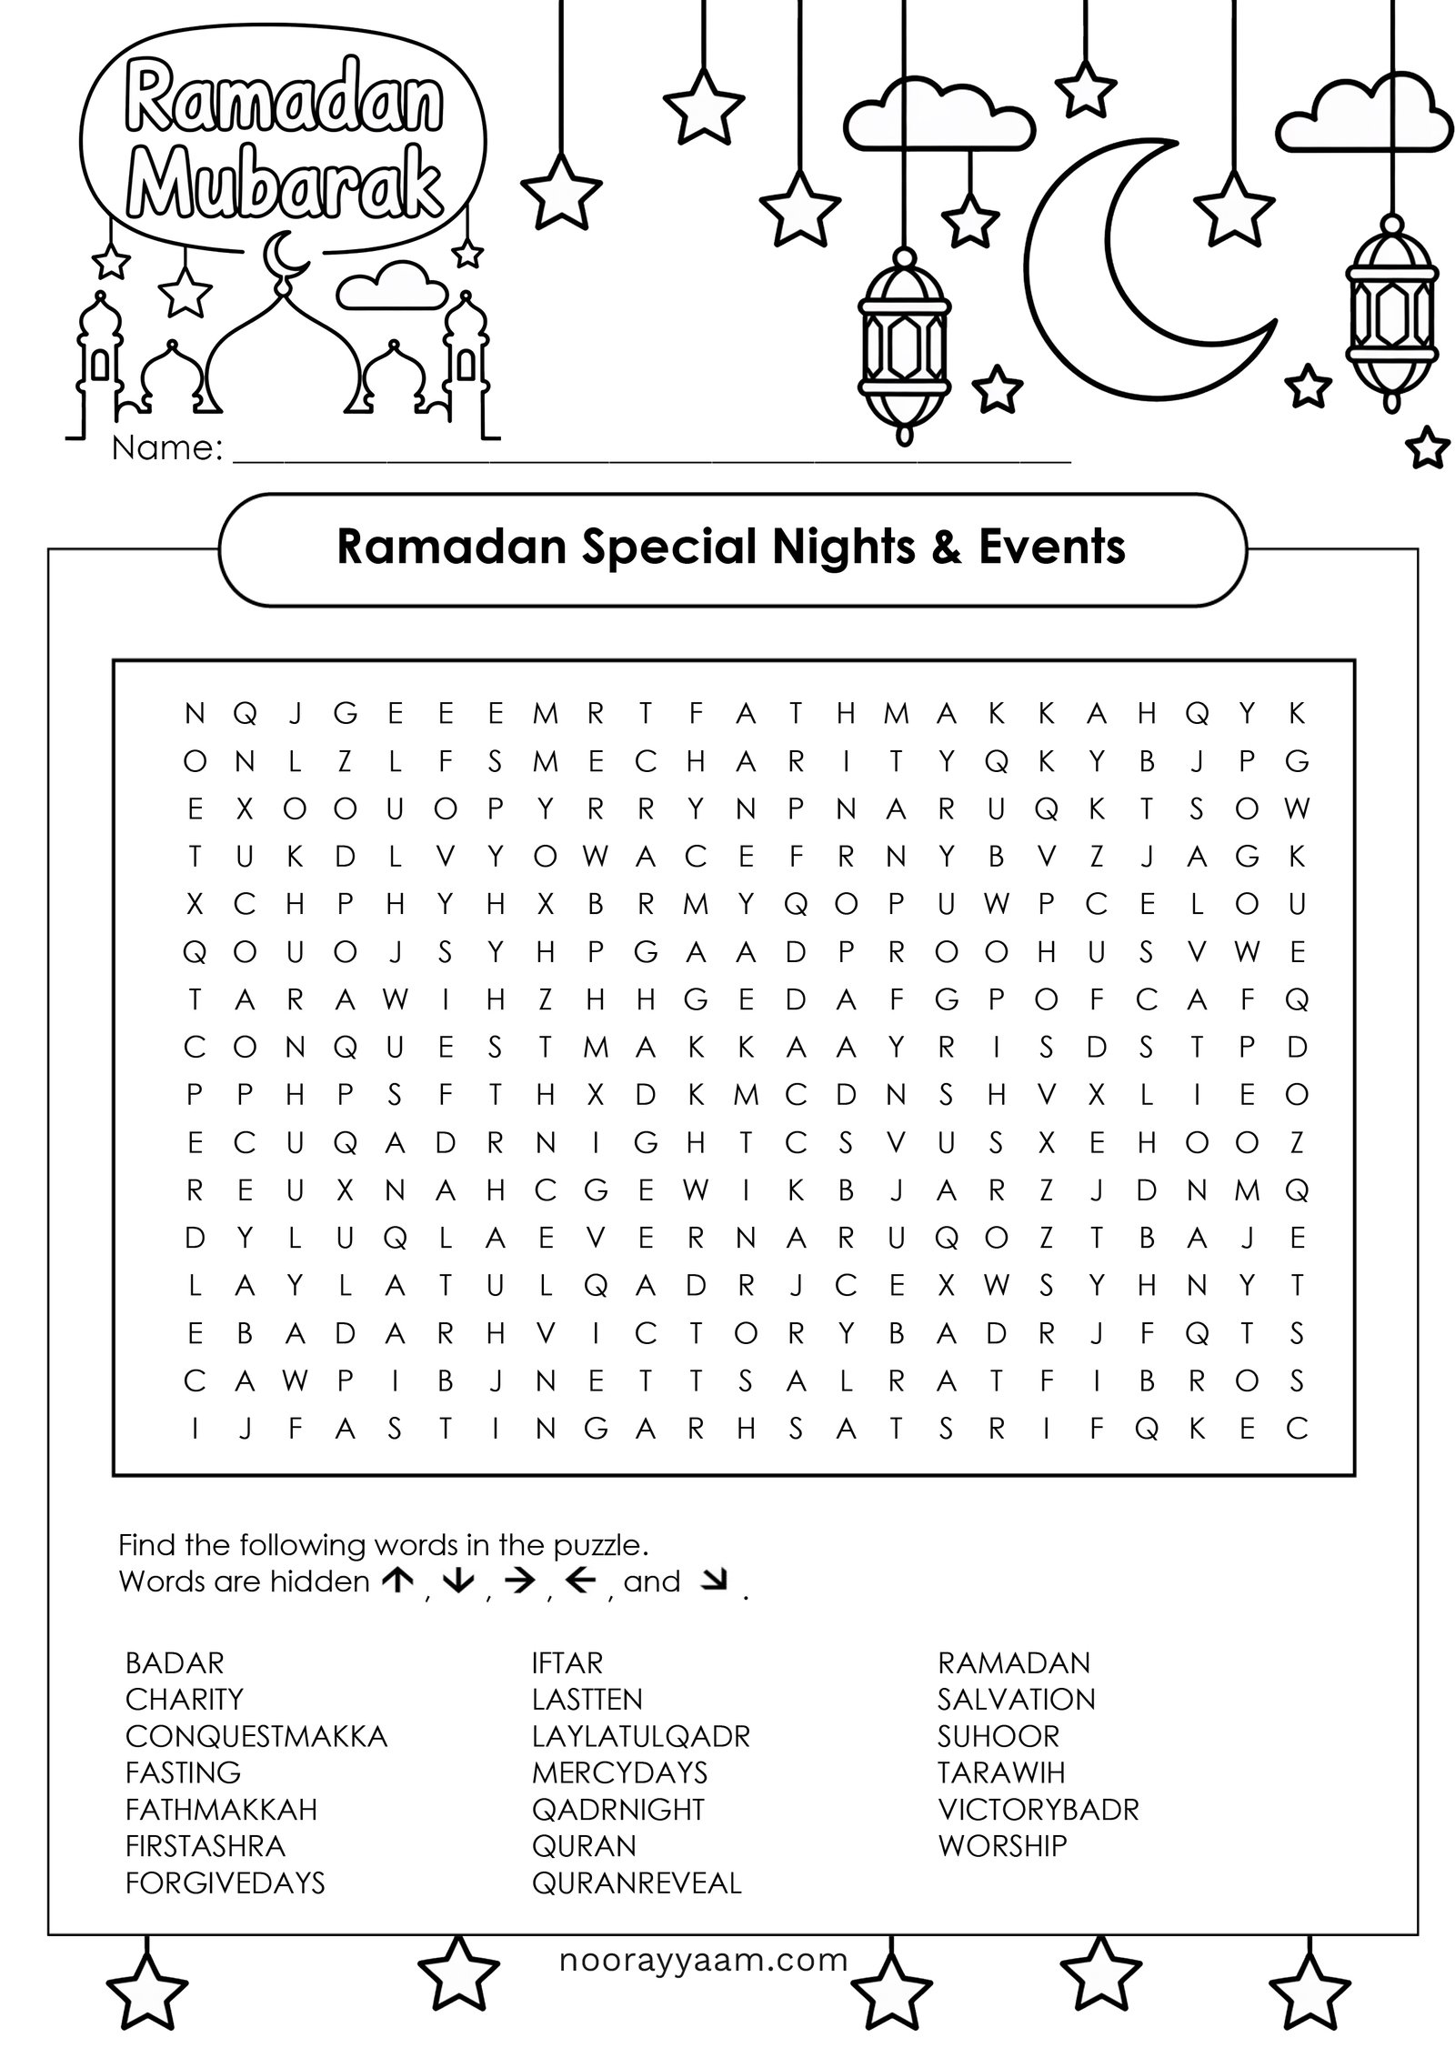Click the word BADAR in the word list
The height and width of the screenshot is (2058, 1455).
click(174, 1662)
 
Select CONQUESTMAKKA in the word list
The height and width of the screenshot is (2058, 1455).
click(256, 1736)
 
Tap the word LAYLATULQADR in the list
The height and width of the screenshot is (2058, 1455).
click(640, 1736)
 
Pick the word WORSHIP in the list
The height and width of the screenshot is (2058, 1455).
click(1001, 1845)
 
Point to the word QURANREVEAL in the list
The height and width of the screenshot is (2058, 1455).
click(637, 1882)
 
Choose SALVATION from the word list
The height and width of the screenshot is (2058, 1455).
click(1016, 1699)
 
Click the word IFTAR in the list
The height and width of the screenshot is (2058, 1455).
click(567, 1662)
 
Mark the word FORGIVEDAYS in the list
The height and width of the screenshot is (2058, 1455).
click(225, 1882)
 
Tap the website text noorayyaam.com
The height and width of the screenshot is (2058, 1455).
click(703, 1960)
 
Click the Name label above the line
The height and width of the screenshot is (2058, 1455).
click(167, 447)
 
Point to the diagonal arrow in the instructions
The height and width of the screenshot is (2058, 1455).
click(716, 1581)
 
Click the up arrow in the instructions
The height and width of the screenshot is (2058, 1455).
click(397, 1581)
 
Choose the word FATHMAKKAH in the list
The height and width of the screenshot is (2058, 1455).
click(221, 1809)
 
